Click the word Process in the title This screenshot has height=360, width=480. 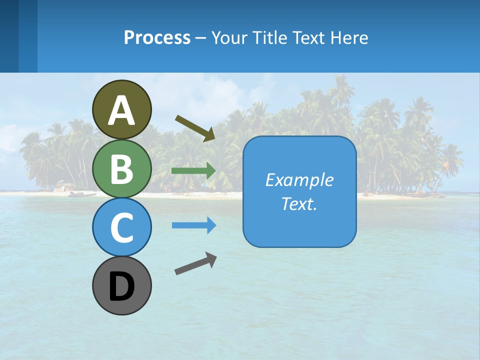pos(157,37)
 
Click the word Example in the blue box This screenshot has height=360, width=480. pos(299,180)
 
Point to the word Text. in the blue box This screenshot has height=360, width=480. pos(299,203)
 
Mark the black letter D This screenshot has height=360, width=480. pos(122,287)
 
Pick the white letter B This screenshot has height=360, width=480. pos(122,169)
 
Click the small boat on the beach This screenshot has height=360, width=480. pos(76,194)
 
